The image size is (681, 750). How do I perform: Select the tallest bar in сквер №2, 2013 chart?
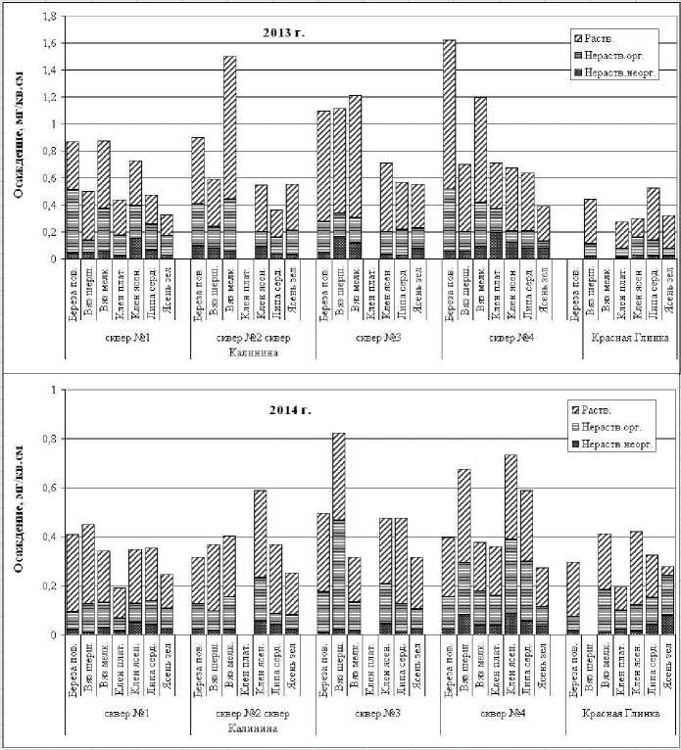pyautogui.click(x=230, y=157)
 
